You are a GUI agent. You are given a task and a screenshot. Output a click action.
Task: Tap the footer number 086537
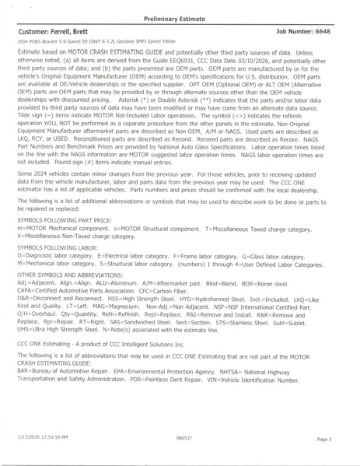point(184,440)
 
